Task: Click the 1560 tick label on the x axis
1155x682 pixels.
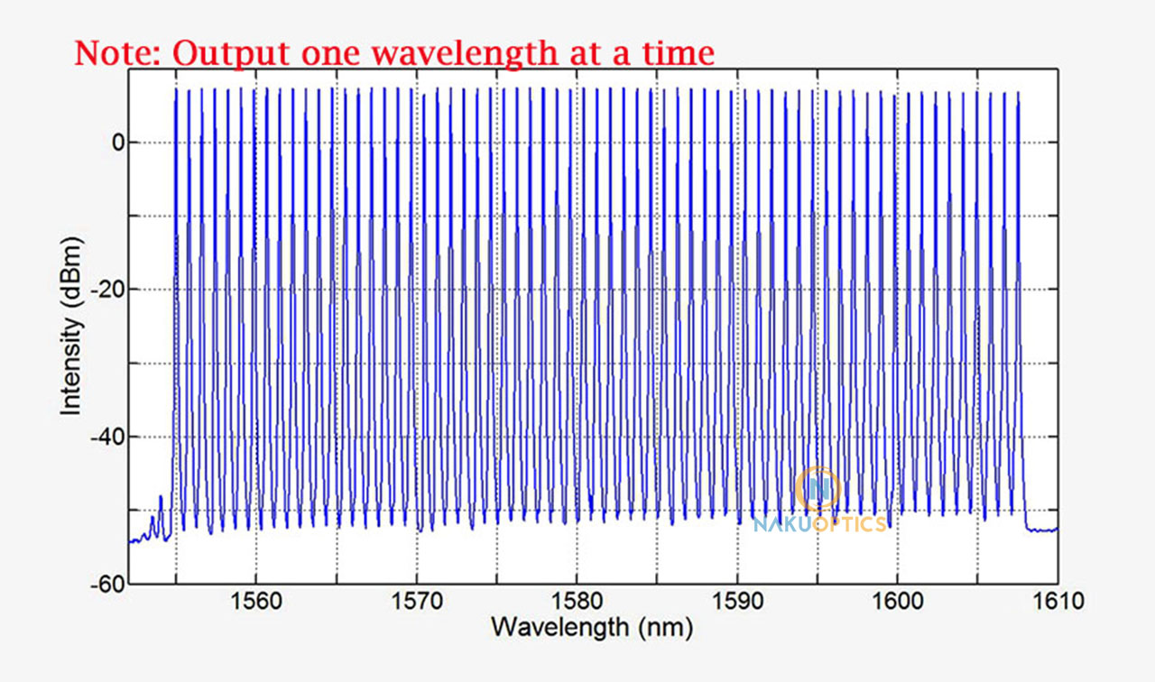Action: (256, 601)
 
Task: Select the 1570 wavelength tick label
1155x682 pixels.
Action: (417, 601)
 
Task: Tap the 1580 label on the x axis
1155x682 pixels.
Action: (577, 601)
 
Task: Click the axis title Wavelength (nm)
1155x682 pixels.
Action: (592, 626)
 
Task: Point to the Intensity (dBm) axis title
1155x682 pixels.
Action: (71, 326)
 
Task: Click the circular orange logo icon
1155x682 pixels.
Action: (819, 489)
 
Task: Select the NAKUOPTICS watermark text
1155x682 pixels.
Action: (819, 524)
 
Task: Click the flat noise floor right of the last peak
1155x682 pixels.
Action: (1042, 530)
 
